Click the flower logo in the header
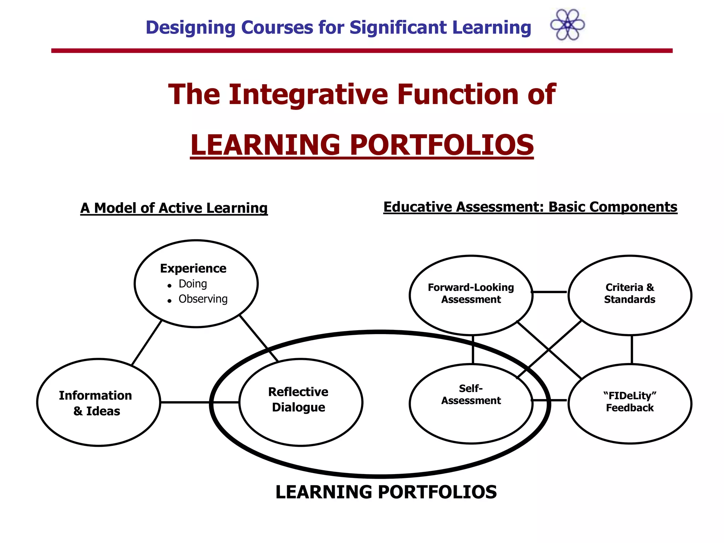click(567, 25)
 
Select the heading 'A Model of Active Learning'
click(174, 208)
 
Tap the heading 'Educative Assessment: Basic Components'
click(530, 207)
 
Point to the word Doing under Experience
click(193, 284)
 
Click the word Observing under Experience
click(203, 299)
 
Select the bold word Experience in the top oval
click(193, 268)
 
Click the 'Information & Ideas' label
click(96, 403)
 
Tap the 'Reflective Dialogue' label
click(298, 399)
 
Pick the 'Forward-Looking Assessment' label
click(471, 293)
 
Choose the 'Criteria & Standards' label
click(630, 293)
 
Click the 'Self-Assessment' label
click(471, 395)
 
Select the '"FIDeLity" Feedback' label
click(630, 402)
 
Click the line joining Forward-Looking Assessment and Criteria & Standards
click(550, 292)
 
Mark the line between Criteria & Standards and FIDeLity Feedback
click(632, 349)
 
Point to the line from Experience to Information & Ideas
click(147, 342)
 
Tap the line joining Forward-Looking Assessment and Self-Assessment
click(473, 349)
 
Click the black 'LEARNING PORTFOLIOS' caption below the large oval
click(386, 492)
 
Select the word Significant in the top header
click(398, 28)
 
